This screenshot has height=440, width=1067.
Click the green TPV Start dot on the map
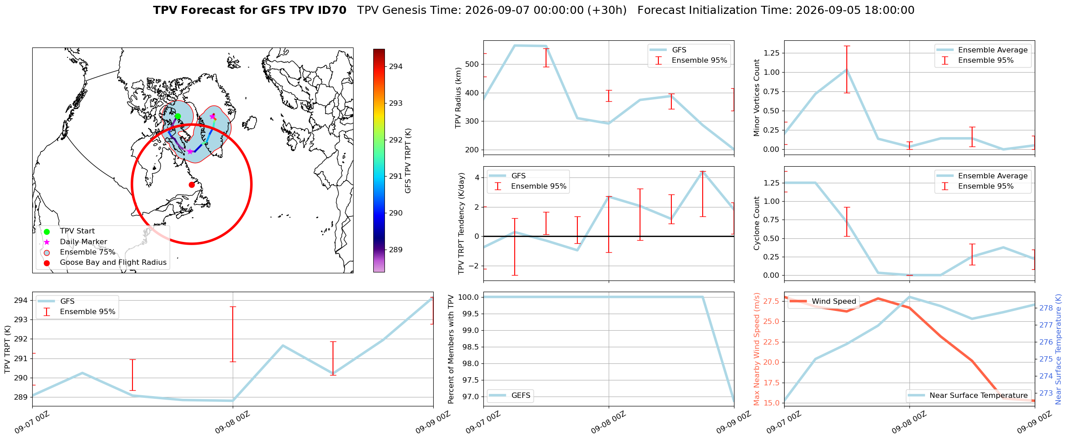[x=178, y=116]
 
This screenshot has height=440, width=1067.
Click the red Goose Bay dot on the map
[x=192, y=185]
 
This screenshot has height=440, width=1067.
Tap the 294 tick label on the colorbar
[x=396, y=66]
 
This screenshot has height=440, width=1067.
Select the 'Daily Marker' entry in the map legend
[x=83, y=242]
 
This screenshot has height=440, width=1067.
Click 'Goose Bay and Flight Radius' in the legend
[x=113, y=263]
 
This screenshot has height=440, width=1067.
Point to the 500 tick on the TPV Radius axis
[x=472, y=64]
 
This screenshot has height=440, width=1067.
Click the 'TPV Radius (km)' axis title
[x=458, y=98]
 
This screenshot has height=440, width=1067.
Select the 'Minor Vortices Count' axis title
[x=757, y=98]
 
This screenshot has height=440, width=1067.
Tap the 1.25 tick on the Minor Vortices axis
[x=770, y=53]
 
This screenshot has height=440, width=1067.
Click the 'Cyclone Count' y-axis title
[x=757, y=223]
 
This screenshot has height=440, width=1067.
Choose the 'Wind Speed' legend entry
[x=834, y=302]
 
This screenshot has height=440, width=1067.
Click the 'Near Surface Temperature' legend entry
[x=978, y=396]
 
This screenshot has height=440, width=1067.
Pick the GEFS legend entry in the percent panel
[x=521, y=396]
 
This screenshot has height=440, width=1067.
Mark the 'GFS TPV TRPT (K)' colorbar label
[x=408, y=160]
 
